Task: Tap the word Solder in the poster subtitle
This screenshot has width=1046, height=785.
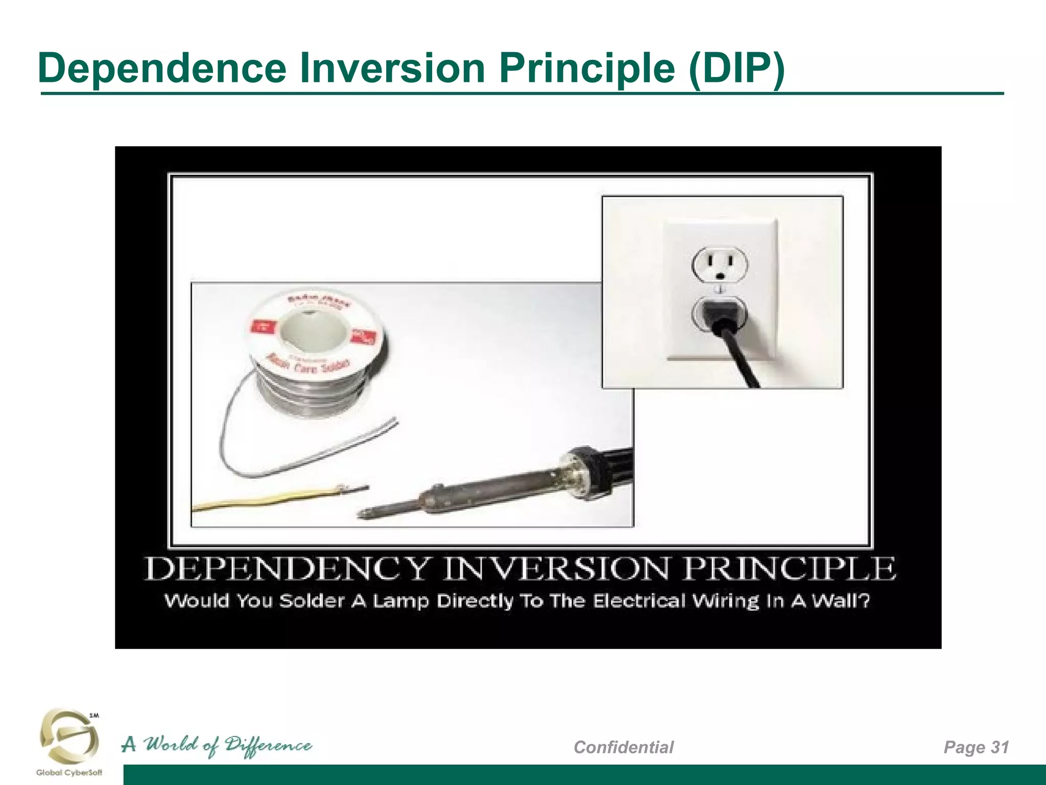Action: [x=312, y=601]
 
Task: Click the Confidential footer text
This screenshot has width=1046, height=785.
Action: [x=624, y=747]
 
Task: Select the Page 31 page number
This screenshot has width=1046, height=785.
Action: [x=976, y=747]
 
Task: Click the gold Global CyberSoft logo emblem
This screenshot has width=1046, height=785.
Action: [x=69, y=736]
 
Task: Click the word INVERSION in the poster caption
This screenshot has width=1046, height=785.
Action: [x=555, y=569]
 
